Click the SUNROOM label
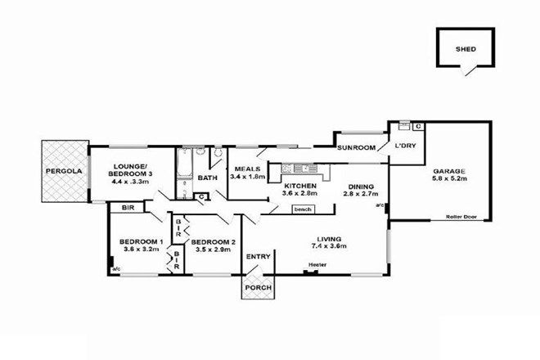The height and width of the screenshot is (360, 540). [x=358, y=148]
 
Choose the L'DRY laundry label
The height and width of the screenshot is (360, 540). [x=406, y=146]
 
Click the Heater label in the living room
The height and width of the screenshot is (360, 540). [x=318, y=264]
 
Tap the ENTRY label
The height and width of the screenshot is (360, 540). [x=259, y=257]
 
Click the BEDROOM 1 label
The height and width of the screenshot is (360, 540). [x=142, y=241]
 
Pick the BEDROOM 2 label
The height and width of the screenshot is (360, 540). [x=214, y=241]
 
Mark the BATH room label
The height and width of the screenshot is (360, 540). [x=209, y=177]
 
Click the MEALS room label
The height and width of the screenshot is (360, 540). [x=245, y=169]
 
